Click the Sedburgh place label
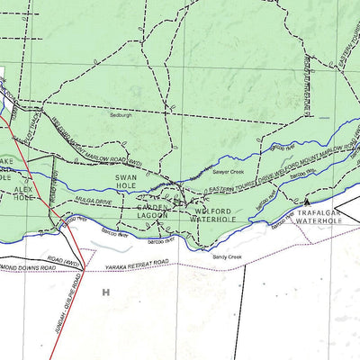tap(121, 115)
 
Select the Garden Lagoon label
tap(153, 211)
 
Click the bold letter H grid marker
tap(105, 292)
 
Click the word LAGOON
tap(153, 216)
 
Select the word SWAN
tap(125, 178)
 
